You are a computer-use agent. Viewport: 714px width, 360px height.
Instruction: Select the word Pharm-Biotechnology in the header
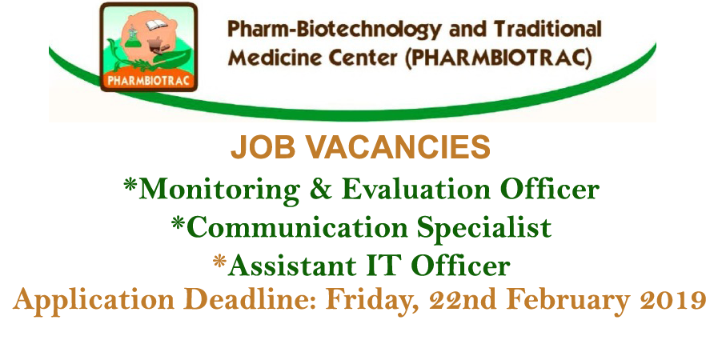(335, 30)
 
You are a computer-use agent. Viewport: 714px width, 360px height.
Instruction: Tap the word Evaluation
(416, 190)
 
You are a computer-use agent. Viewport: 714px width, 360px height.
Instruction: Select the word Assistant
(295, 266)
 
